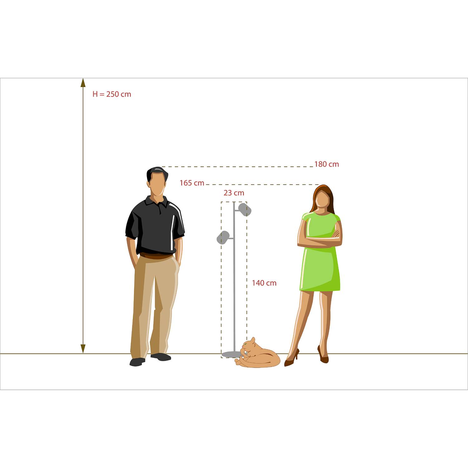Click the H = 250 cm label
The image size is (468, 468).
(x=112, y=94)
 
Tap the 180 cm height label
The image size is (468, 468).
(x=326, y=164)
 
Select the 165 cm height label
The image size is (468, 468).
(x=192, y=183)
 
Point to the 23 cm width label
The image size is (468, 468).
(x=234, y=193)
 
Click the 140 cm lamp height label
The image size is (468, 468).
(x=264, y=283)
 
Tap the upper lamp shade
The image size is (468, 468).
(x=245, y=209)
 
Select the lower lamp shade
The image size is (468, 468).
(x=223, y=237)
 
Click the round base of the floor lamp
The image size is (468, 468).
(x=232, y=354)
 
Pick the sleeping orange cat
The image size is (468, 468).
(x=257, y=354)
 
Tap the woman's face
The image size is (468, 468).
(x=322, y=199)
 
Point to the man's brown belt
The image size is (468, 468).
(x=156, y=256)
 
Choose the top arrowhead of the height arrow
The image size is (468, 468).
(x=83, y=83)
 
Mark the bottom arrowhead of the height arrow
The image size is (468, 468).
(x=83, y=349)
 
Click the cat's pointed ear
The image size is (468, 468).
(x=253, y=340)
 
